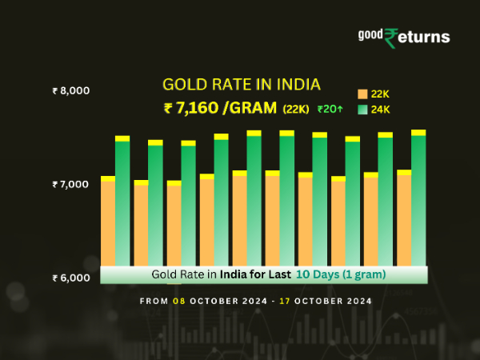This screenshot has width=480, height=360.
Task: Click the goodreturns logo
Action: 403,37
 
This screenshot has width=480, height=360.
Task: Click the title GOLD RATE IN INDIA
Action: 241,85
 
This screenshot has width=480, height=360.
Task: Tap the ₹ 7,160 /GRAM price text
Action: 221,108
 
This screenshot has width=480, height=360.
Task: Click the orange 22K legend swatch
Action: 362,94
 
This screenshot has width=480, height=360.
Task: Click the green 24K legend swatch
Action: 362,110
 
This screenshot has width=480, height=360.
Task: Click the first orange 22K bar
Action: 107,224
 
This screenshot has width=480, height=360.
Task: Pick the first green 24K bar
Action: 122,204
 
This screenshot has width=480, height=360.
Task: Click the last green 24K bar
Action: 418,200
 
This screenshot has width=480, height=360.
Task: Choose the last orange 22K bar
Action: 404,220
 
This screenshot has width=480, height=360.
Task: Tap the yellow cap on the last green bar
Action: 418,133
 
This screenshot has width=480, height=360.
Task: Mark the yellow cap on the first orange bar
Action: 107,178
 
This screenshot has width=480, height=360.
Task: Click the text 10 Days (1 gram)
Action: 341,274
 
